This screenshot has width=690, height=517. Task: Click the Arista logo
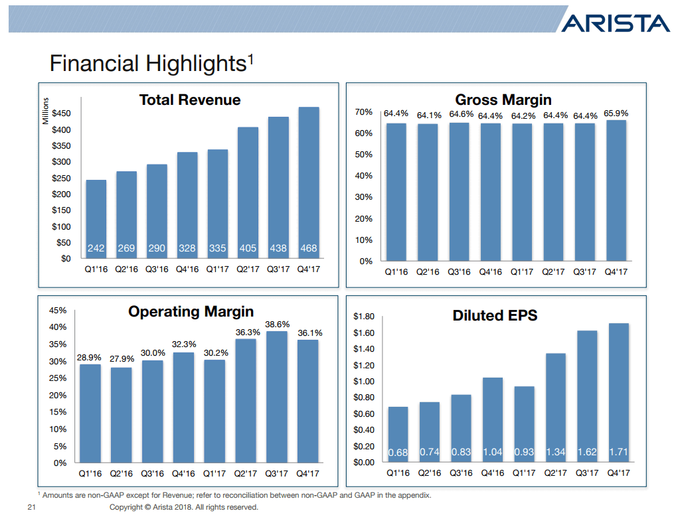click(x=615, y=23)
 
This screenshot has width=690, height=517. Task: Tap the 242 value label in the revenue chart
click(x=96, y=248)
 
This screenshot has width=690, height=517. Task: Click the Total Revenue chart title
click(x=190, y=100)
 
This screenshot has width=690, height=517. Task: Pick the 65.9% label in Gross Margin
click(x=616, y=114)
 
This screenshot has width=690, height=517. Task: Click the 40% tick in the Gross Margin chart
click(x=364, y=176)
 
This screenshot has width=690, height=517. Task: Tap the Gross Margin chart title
click(x=503, y=100)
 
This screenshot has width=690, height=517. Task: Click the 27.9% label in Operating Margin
click(x=122, y=359)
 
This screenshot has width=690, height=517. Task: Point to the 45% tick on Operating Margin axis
click(x=58, y=310)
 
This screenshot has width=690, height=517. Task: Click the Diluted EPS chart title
click(x=495, y=316)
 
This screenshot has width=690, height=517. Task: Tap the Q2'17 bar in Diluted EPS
click(x=555, y=407)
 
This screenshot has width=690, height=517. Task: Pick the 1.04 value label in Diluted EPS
click(x=492, y=452)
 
